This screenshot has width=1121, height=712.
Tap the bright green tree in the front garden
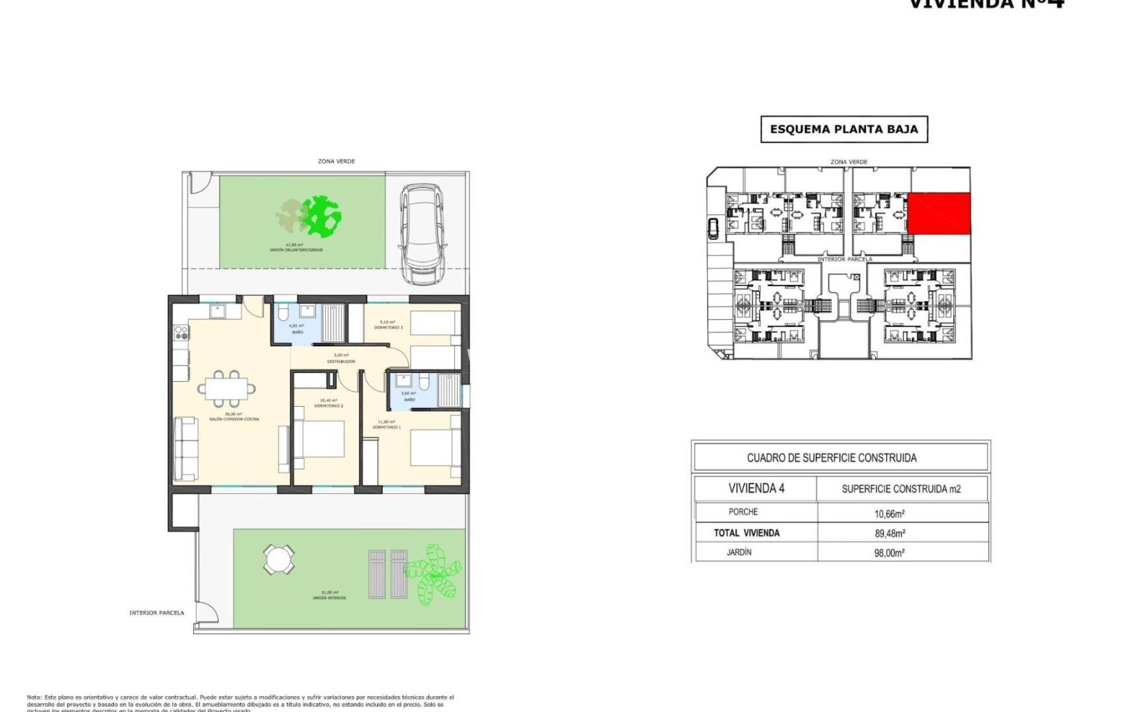[x=322, y=216]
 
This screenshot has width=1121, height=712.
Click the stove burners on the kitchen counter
[x=179, y=333]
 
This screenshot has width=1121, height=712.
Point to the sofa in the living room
[x=185, y=448]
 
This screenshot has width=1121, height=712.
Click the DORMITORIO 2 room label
[x=328, y=406]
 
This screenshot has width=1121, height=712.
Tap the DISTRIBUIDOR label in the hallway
[x=342, y=361]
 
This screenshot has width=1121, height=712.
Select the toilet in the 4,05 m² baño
[x=282, y=312]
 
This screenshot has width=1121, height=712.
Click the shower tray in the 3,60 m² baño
[x=449, y=391]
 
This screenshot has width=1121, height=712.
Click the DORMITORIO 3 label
[x=388, y=328]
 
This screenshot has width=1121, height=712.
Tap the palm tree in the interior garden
[x=434, y=570]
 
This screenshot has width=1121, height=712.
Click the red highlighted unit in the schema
[x=939, y=214]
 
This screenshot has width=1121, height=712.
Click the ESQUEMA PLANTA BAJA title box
[x=843, y=129]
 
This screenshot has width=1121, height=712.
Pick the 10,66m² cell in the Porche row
[x=889, y=514]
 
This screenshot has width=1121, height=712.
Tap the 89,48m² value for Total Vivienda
[x=889, y=533]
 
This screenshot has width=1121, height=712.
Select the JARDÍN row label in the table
[x=739, y=552]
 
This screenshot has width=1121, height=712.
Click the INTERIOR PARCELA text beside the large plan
[x=157, y=613]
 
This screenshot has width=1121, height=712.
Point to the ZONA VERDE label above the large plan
[x=336, y=162]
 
